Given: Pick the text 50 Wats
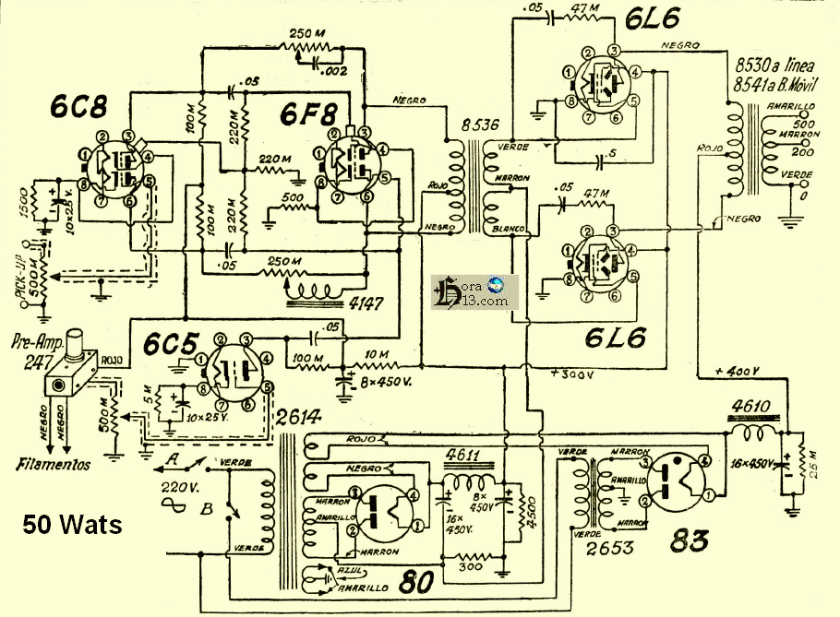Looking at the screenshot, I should (72, 526).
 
